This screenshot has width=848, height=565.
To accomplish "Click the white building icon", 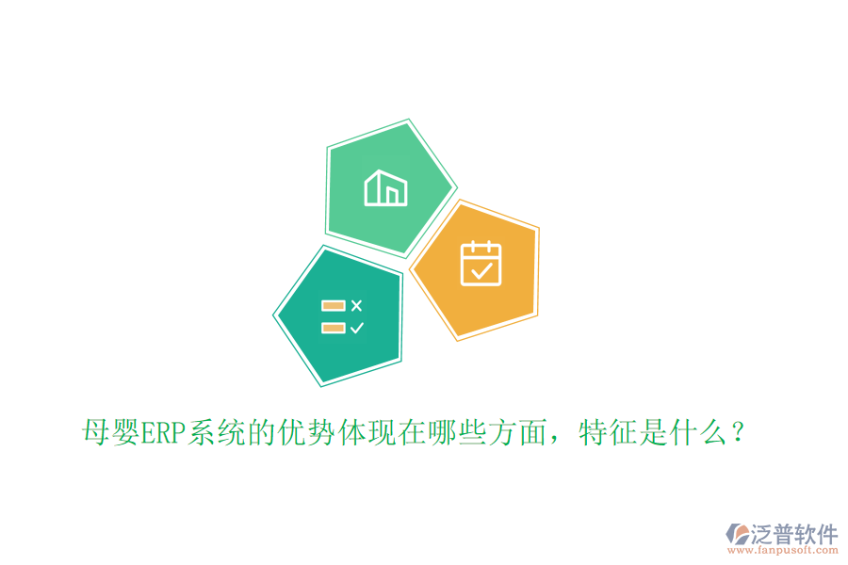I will (386, 188).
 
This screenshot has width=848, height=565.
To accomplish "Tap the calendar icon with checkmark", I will (481, 263).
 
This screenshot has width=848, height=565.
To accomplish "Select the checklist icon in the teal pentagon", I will (342, 316).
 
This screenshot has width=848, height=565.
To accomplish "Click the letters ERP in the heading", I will (162, 434).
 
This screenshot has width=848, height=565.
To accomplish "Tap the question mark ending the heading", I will (738, 434).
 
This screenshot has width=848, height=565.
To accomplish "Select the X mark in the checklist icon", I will (356, 305).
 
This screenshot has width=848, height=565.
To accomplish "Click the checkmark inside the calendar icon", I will (481, 271).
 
